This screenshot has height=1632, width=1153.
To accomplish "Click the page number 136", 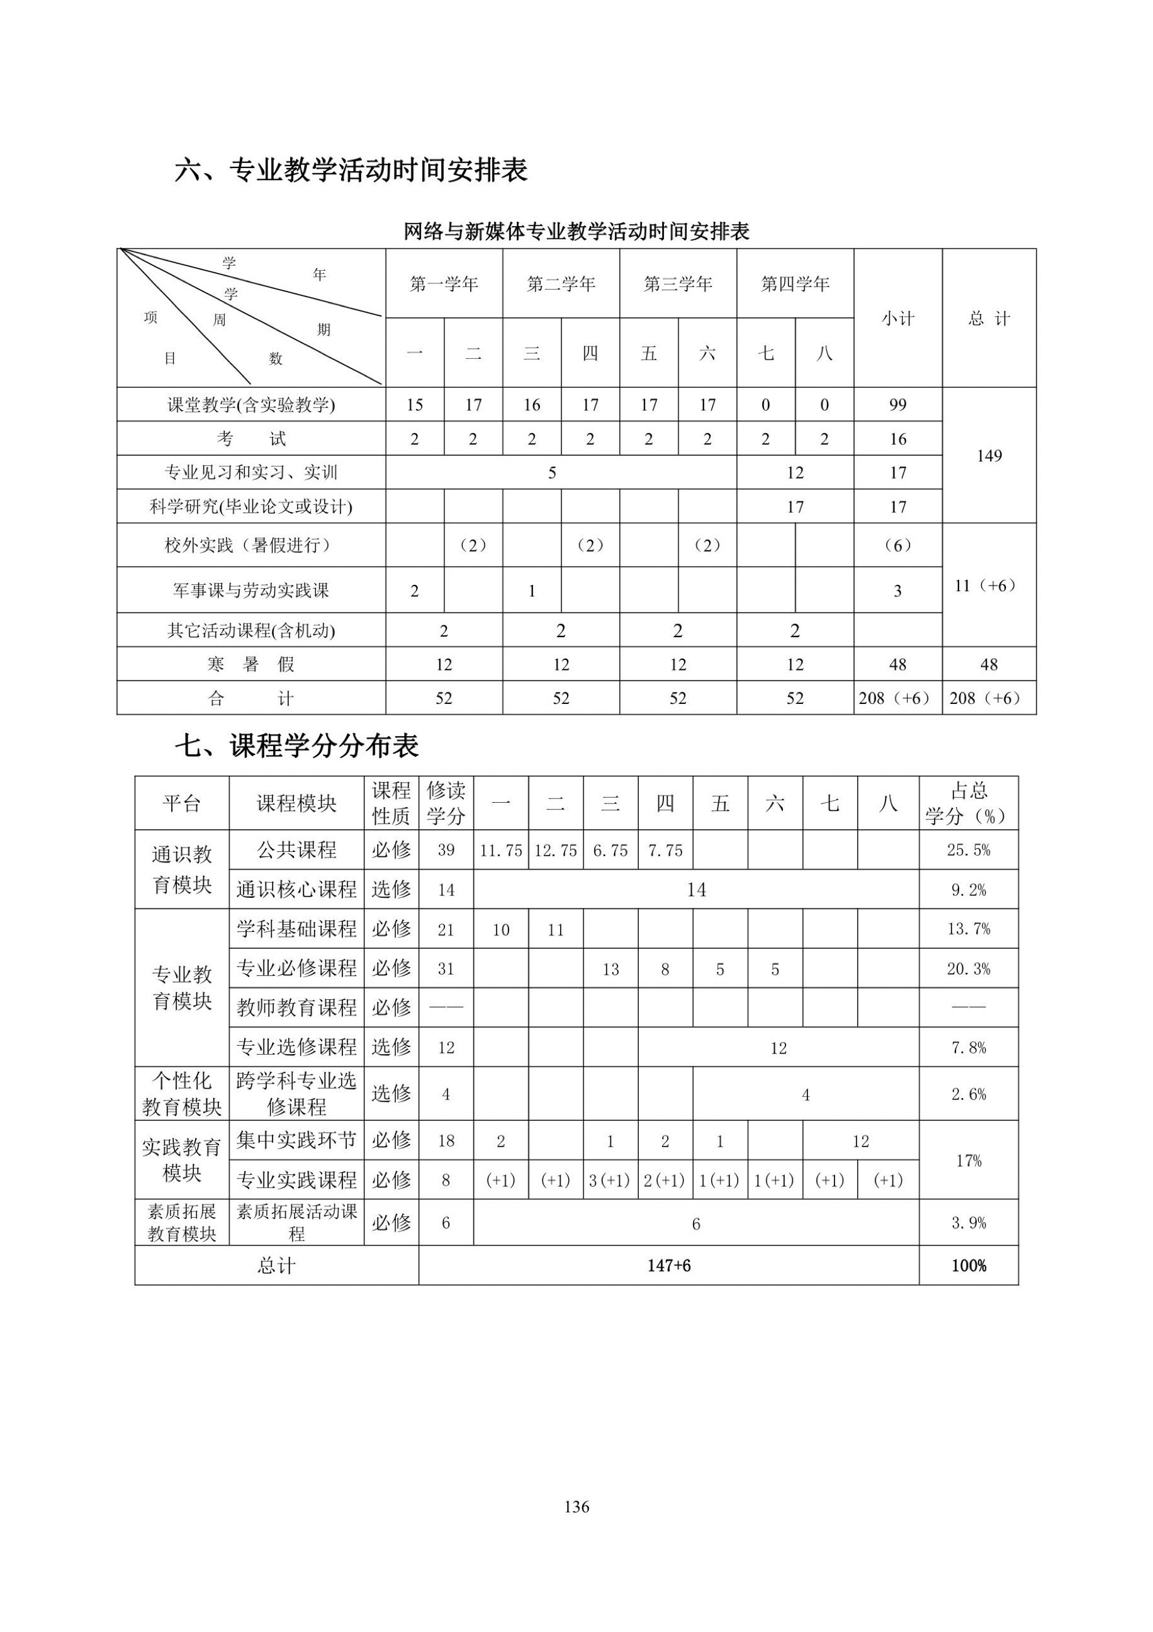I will click(x=576, y=1506).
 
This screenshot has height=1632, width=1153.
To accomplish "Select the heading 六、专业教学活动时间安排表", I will click(x=351, y=171).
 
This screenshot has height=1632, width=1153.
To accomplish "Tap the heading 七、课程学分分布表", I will click(x=297, y=745).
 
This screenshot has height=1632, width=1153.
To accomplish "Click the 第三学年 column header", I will click(x=678, y=285).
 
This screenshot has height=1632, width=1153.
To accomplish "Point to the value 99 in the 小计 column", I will click(x=897, y=404).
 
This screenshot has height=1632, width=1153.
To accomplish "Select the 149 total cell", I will click(x=989, y=456).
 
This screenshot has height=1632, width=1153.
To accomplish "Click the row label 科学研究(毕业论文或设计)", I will click(x=250, y=507).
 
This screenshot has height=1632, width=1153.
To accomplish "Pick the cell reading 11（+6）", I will click(x=989, y=586).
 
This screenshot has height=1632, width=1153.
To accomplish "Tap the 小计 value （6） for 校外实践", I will click(x=897, y=545).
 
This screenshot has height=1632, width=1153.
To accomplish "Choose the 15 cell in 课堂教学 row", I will click(x=415, y=404).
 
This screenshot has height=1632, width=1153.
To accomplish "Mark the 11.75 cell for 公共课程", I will click(x=501, y=851).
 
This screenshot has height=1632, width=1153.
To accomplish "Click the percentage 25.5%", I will click(x=969, y=850).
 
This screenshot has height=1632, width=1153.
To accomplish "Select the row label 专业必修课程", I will click(x=296, y=968).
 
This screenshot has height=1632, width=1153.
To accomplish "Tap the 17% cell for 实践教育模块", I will click(x=969, y=1161).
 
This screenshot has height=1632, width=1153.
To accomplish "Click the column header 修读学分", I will click(x=446, y=803).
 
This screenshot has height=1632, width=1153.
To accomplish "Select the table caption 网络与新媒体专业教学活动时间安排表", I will click(x=576, y=232).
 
